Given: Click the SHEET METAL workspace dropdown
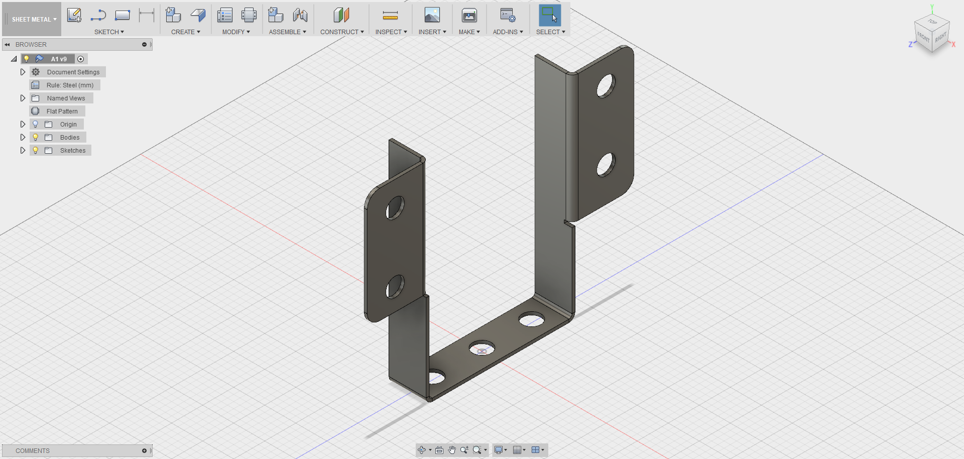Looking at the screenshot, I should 34,20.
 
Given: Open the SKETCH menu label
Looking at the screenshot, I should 109,32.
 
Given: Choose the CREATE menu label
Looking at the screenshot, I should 185,32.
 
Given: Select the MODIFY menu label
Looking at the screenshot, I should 235,32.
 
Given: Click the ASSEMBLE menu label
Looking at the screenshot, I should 287,32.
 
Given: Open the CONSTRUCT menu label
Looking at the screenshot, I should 342,32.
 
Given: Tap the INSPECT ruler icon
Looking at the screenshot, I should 390,16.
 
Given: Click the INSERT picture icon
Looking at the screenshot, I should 432,16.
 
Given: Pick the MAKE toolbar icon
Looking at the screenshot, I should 469,16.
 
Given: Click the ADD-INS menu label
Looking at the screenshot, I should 508,32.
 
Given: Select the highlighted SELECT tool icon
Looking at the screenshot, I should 550,16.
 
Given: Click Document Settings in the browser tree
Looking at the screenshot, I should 73,72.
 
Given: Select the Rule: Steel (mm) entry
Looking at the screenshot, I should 70,85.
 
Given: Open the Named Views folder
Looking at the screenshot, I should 66,98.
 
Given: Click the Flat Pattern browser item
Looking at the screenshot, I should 62,111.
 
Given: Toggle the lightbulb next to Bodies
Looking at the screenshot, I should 36,138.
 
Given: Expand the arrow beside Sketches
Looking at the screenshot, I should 23,151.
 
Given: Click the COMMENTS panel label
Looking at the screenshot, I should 33,451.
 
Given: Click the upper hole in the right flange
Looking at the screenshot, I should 606,86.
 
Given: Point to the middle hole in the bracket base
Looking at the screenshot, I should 481,348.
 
